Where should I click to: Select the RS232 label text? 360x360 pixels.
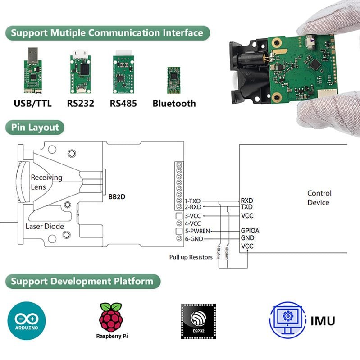coord(81,104)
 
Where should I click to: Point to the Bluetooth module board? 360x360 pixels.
coord(173,80)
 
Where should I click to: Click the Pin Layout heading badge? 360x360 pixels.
coord(35,127)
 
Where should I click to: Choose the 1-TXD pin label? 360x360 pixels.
coord(193,201)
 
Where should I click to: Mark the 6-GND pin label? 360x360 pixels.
coord(194,238)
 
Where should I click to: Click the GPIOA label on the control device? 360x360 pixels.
coord(250,231)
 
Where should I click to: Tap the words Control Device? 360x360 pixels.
coord(319,198)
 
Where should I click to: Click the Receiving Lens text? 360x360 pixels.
coord(46,182)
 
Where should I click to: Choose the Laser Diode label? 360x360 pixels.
coord(45,226)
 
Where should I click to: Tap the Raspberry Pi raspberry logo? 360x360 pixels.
coord(111,317)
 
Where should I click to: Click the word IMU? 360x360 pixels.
coord(323,321)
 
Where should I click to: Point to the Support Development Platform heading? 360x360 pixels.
coord(82,282)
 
